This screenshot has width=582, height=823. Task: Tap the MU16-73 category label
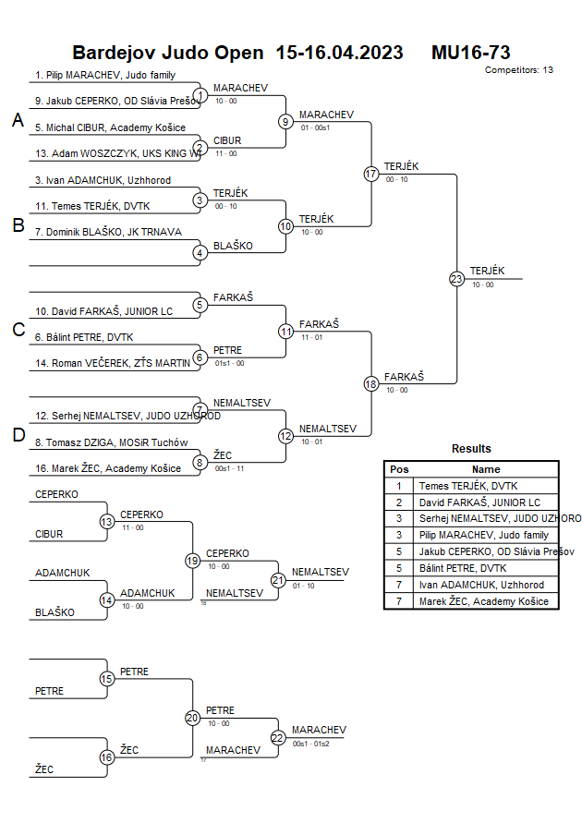click(x=470, y=53)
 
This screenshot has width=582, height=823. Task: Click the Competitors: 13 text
click(x=518, y=69)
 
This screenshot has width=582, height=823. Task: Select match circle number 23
click(x=456, y=279)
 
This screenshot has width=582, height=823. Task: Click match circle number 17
click(x=371, y=174)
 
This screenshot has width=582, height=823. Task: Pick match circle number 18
click(x=371, y=384)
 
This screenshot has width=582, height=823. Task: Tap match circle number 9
click(x=286, y=121)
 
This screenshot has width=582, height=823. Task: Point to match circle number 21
click(x=278, y=580)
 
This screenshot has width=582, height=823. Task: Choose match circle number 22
click(x=278, y=737)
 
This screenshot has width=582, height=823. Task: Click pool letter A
click(x=18, y=120)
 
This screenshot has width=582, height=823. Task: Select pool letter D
click(x=18, y=435)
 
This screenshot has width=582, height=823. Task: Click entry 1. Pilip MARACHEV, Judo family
click(x=104, y=75)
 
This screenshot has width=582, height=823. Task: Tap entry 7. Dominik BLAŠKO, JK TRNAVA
click(x=108, y=232)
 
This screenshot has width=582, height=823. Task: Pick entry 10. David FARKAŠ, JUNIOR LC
click(x=103, y=311)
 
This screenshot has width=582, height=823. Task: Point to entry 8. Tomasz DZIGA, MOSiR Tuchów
click(x=111, y=442)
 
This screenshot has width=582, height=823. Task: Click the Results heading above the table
click(x=471, y=449)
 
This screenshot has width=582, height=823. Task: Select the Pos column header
click(x=399, y=469)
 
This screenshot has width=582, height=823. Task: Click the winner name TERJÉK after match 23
click(x=487, y=271)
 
